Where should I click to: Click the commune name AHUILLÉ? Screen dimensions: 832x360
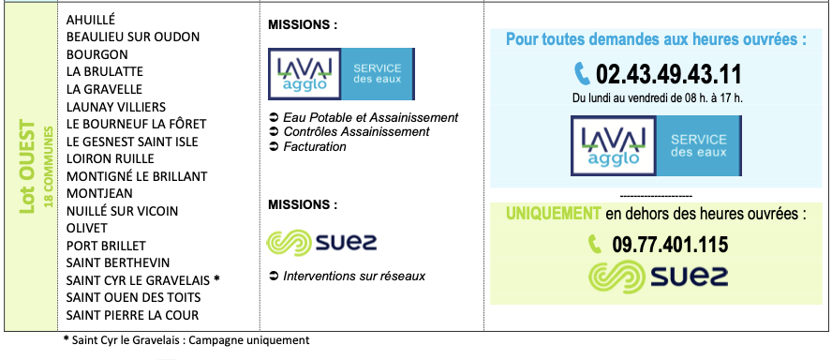point(90,20)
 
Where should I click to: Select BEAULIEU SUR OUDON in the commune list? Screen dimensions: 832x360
point(133,37)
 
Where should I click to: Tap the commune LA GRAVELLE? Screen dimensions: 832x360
point(104,89)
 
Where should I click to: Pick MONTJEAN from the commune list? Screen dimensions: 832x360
point(99,193)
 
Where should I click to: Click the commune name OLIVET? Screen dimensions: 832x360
point(86,229)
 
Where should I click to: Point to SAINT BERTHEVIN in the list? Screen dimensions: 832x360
point(118,262)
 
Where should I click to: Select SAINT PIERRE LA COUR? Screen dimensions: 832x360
point(132,315)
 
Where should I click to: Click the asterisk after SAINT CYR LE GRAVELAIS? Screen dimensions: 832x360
point(215,278)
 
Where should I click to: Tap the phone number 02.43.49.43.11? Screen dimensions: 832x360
point(669,74)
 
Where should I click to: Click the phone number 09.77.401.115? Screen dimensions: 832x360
point(670,245)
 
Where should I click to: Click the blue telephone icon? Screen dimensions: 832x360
point(582,74)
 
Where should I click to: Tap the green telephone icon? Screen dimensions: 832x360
point(595,245)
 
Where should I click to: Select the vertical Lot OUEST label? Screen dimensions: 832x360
point(26,167)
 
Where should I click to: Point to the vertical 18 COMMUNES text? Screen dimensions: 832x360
point(49,167)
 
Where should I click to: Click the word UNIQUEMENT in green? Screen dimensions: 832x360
point(553,214)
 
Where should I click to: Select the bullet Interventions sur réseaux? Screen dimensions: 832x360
point(348,277)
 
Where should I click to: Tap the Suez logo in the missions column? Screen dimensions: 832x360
point(321,243)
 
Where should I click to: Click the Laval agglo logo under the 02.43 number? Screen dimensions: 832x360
point(657,145)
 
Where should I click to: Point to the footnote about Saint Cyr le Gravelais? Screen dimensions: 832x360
point(186,339)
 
